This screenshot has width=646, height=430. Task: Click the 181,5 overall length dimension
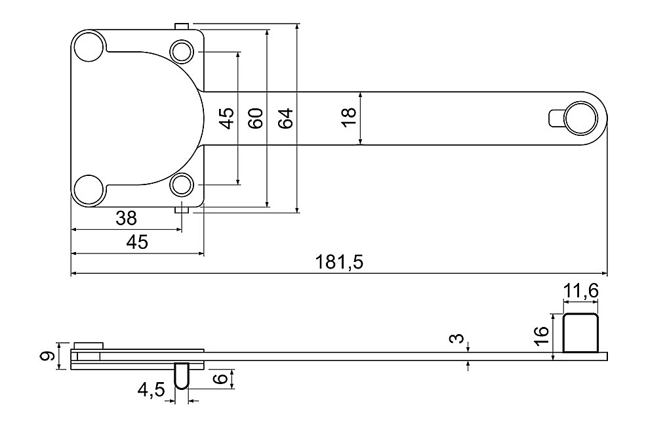click(340, 262)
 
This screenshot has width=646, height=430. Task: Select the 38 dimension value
click(126, 218)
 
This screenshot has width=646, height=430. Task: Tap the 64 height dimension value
click(285, 118)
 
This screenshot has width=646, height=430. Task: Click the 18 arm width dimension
click(348, 118)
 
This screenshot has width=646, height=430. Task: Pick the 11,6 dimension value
click(580, 291)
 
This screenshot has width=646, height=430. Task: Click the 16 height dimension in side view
click(542, 336)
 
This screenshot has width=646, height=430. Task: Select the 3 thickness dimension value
click(456, 339)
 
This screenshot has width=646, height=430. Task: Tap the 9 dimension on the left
click(47, 356)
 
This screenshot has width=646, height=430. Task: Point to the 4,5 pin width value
click(151, 389)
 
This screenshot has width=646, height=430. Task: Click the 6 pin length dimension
click(221, 378)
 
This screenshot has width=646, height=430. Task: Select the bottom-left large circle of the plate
click(89, 189)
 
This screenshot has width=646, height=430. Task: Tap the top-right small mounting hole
click(182, 52)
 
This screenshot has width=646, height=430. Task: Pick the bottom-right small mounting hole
click(182, 184)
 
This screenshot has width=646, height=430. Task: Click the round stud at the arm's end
click(581, 118)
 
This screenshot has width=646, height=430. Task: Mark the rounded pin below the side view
click(182, 376)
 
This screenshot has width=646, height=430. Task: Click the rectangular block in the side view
click(580, 333)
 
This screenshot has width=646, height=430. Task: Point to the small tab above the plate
click(182, 26)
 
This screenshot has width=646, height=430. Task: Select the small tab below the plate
click(182, 210)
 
